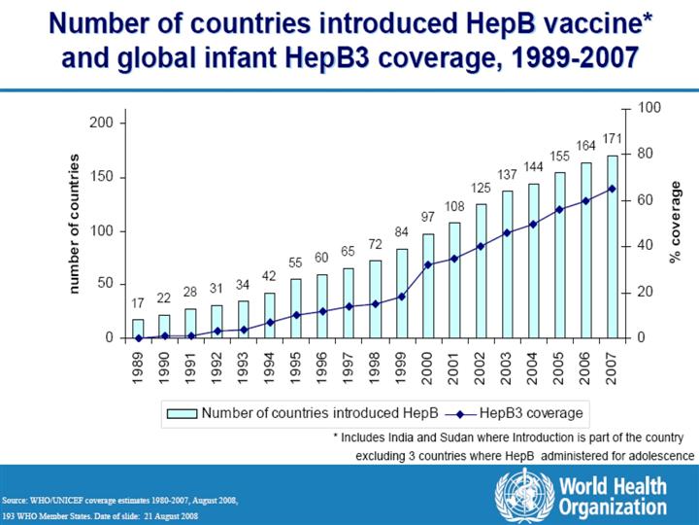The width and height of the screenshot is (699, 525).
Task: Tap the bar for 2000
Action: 428,286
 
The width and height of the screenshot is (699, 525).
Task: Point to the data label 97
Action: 428,216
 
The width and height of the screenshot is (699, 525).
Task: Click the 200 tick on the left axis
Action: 101,123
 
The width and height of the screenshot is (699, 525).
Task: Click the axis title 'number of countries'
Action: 74,224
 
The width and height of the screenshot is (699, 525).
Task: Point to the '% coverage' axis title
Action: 676,223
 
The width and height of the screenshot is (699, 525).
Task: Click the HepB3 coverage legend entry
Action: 532,412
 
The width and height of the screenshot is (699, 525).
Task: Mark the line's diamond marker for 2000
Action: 428,264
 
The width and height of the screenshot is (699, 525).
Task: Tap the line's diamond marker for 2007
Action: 613,189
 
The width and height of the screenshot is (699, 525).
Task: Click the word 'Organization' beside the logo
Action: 611,507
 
